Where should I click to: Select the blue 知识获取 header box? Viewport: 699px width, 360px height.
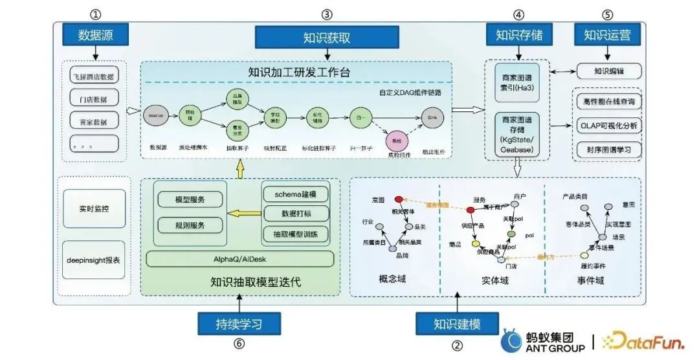click(x=327, y=37)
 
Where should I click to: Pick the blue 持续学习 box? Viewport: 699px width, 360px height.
click(x=239, y=322)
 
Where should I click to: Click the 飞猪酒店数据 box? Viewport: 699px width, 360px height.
click(x=94, y=76)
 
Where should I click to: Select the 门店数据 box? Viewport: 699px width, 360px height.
click(x=94, y=99)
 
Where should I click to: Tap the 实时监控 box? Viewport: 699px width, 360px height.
click(x=94, y=208)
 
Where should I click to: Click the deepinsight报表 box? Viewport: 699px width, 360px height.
click(x=94, y=260)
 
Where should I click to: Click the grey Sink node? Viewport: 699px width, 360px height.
click(x=433, y=117)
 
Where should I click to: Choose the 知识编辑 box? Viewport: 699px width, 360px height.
click(x=608, y=71)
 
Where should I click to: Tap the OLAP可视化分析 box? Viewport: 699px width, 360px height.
click(x=608, y=126)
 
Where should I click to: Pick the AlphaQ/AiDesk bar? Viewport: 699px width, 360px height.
click(x=240, y=259)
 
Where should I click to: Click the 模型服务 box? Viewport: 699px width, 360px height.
click(x=190, y=200)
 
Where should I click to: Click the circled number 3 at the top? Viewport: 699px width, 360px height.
click(x=327, y=14)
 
